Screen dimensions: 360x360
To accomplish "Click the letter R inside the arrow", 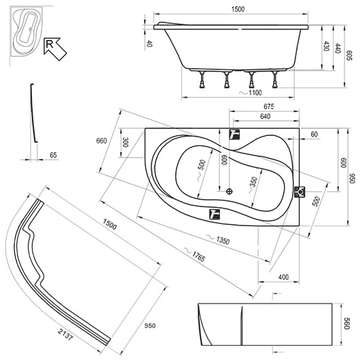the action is click(x=49, y=43).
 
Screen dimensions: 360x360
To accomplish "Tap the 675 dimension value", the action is click(x=268, y=107).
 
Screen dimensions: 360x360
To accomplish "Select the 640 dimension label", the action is click(x=265, y=116).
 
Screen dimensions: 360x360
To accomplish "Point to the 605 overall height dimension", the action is click(x=348, y=55).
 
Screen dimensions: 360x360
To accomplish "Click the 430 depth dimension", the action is click(x=326, y=46).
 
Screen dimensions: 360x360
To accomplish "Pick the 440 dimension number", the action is click(x=338, y=48).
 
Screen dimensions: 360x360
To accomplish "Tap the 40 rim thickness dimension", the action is click(x=149, y=43).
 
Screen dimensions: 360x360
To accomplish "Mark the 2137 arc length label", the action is click(x=65, y=334).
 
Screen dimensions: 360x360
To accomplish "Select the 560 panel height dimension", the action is click(x=346, y=323).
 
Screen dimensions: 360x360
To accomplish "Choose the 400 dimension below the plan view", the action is click(x=283, y=277).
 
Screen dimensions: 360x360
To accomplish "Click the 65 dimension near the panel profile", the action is click(x=53, y=155).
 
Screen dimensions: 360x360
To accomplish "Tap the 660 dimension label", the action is click(x=101, y=141).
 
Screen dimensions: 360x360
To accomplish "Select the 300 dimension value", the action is click(x=126, y=143).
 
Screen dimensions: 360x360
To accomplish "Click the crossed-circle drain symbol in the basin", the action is click(x=230, y=192).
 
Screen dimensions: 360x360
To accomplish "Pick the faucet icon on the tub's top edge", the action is click(x=234, y=134).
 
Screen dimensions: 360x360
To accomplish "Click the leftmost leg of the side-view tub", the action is click(x=202, y=79).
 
